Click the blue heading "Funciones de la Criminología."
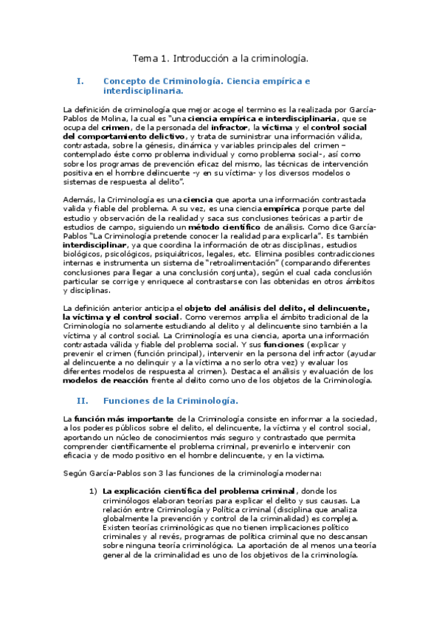(170, 400)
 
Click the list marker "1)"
(93, 491)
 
